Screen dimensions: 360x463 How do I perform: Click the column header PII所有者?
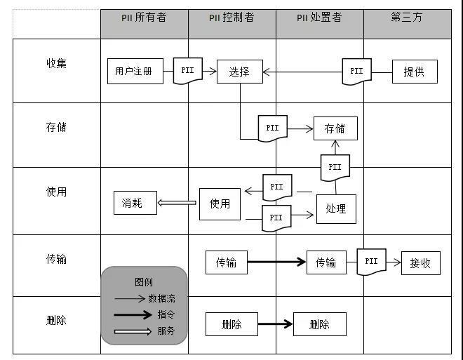pyautogui.click(x=144, y=18)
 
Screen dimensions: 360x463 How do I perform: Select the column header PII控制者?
pyautogui.click(x=231, y=18)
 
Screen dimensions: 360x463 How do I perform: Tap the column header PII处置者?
pyautogui.click(x=319, y=18)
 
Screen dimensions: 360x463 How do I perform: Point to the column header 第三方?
pyautogui.click(x=407, y=18)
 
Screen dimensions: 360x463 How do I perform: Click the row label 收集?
pyautogui.click(x=56, y=63)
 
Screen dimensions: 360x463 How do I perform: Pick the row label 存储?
pyautogui.click(x=56, y=128)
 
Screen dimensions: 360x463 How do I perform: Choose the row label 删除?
pyautogui.click(x=56, y=321)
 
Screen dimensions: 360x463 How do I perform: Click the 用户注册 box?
pyautogui.click(x=134, y=71)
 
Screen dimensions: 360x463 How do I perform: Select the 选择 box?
pyautogui.click(x=239, y=71)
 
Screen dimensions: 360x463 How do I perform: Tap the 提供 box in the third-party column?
pyautogui.click(x=415, y=72)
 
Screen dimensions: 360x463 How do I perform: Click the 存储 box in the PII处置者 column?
pyautogui.click(x=335, y=128)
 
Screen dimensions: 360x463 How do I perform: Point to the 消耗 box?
pyautogui.click(x=135, y=203)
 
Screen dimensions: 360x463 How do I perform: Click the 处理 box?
pyautogui.click(x=336, y=208)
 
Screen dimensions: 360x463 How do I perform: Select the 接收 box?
pyautogui.click(x=420, y=263)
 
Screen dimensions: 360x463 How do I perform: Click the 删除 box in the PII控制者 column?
pyautogui.click(x=231, y=324)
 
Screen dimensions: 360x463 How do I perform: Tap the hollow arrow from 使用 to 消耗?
pyautogui.click(x=177, y=203)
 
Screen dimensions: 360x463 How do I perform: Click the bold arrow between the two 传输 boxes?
pyautogui.click(x=276, y=262)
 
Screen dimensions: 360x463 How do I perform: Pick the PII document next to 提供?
pyautogui.click(x=356, y=72)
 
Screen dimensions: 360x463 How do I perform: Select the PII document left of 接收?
pyautogui.click(x=371, y=262)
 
